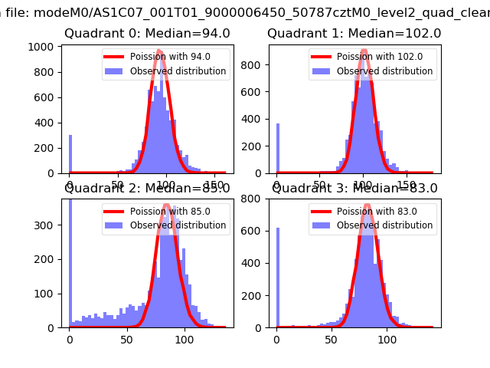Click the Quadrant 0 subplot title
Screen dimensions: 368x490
coord(145,34)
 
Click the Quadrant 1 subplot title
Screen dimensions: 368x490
coord(354,34)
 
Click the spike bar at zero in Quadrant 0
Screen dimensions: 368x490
coord(70,154)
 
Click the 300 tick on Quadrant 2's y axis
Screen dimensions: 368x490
coord(45,225)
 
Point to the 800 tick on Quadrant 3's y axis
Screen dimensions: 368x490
coord(253,199)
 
